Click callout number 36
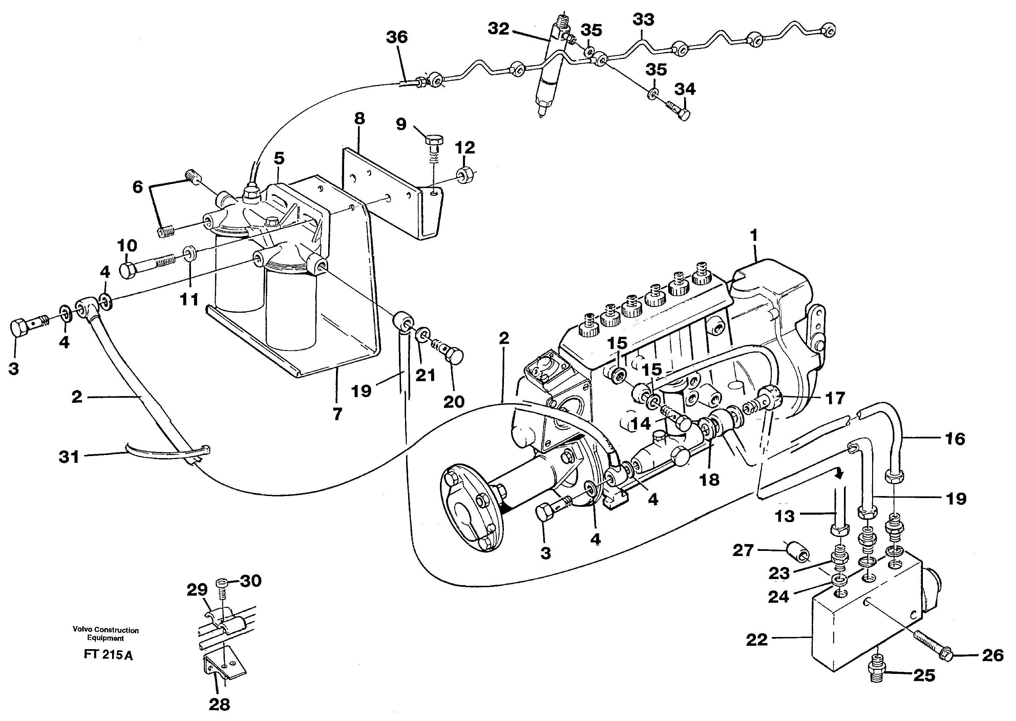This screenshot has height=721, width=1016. click(396, 37)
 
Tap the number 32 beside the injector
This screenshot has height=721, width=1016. click(499, 29)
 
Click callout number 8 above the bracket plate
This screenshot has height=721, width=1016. click(359, 118)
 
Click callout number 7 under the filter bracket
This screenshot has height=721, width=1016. click(337, 414)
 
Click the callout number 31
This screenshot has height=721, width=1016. click(69, 456)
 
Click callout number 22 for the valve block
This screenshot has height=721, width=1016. click(757, 639)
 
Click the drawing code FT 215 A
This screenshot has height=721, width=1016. click(108, 655)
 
